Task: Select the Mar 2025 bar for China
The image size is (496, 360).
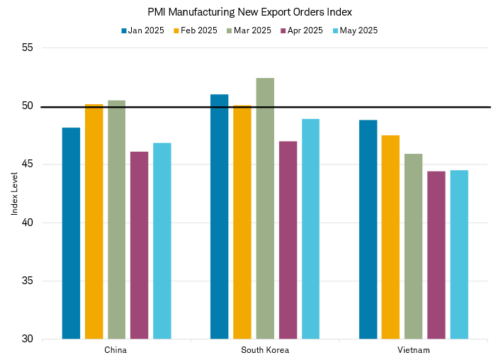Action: click(x=116, y=220)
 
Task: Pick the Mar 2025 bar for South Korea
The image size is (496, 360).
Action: click(x=265, y=208)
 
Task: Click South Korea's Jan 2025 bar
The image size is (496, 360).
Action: click(x=220, y=216)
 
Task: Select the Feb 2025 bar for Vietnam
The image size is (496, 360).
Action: click(x=390, y=237)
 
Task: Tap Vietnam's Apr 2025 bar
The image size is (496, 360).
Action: click(x=436, y=255)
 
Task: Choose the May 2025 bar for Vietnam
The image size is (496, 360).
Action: click(x=459, y=254)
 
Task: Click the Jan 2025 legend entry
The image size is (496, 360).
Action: click(x=144, y=30)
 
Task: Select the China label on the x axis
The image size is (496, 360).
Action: click(x=116, y=350)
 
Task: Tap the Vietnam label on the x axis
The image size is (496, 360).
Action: click(x=413, y=350)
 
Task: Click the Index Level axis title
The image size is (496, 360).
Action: click(x=13, y=193)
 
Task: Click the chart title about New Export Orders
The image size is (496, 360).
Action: click(x=249, y=12)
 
